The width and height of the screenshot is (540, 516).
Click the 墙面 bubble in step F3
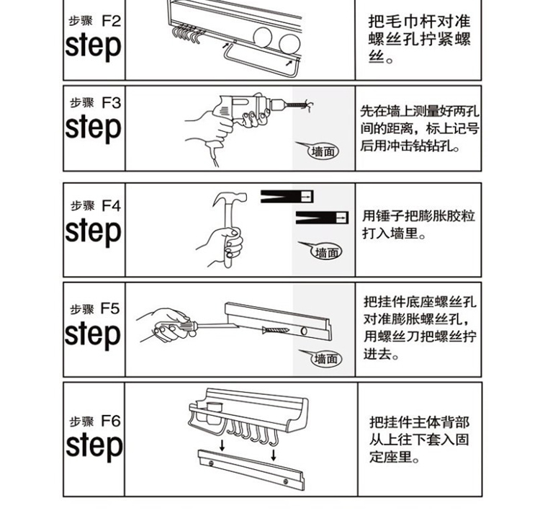coord(323,151)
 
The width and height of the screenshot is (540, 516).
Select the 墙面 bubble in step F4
coord(326,252)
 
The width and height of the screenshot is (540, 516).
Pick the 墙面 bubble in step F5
coord(325,358)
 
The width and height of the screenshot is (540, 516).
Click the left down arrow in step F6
coord(222,447)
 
